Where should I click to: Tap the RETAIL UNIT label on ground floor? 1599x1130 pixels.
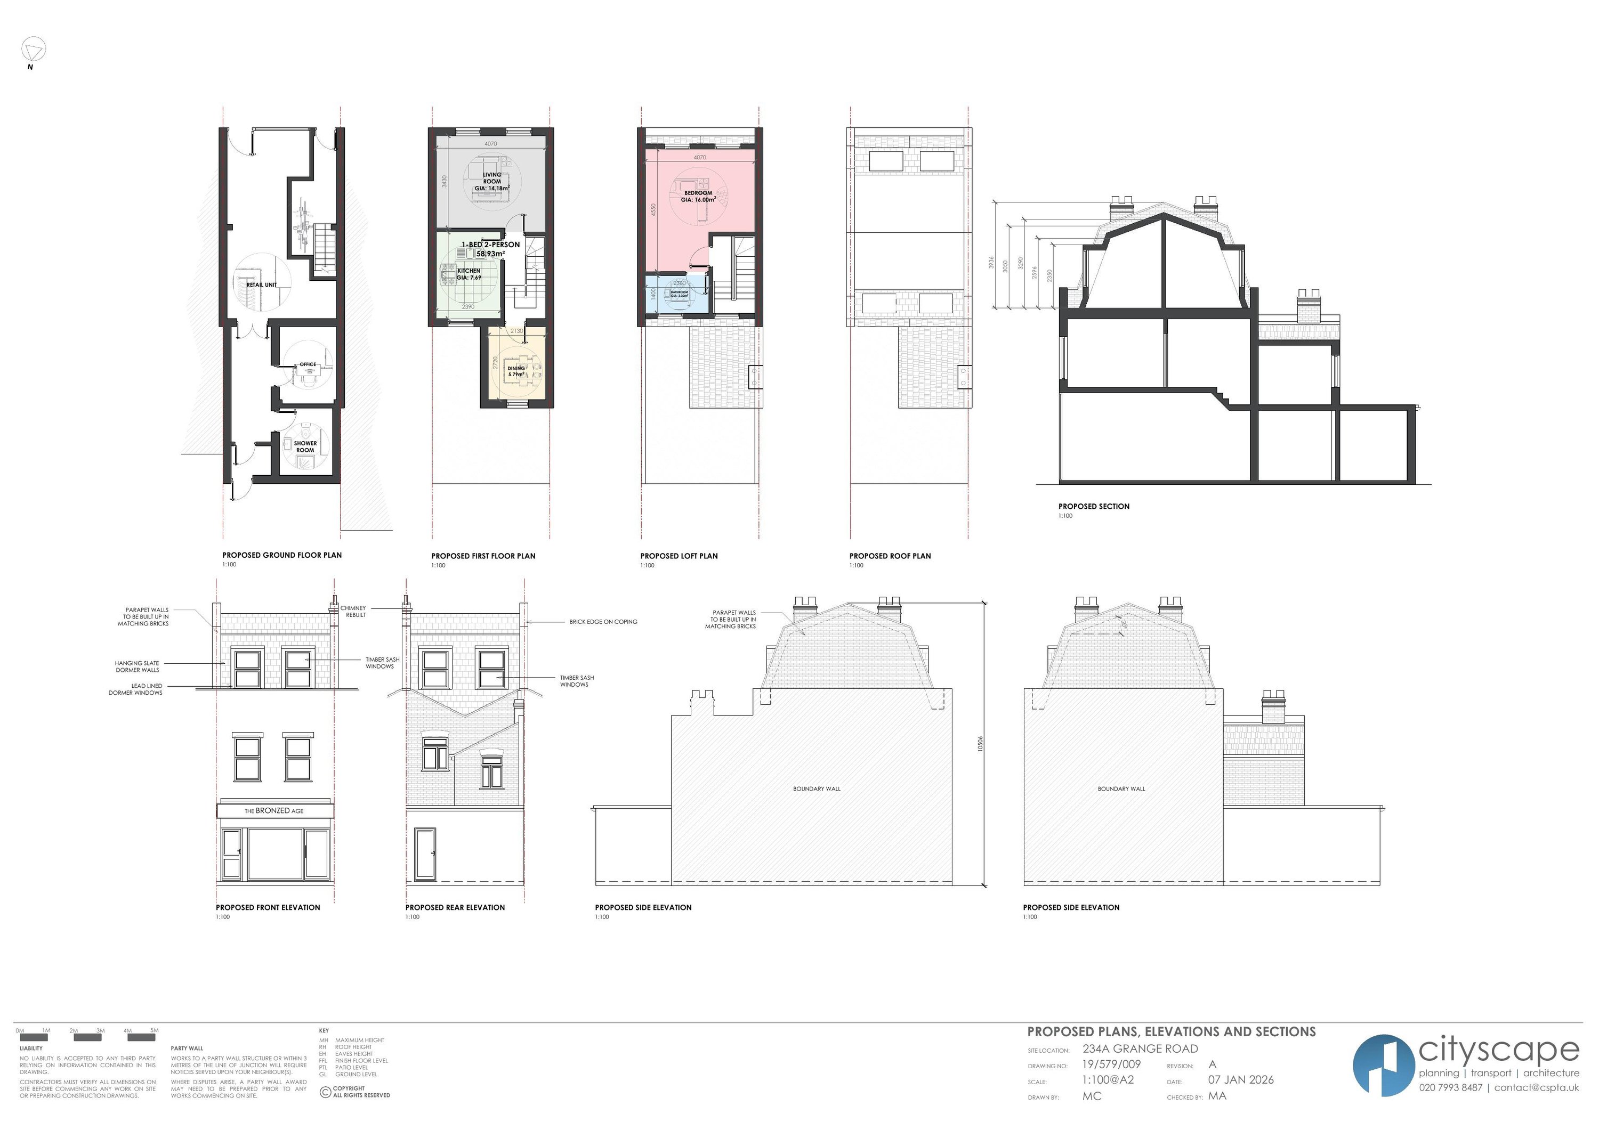coord(262,284)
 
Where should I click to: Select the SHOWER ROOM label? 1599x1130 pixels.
coord(305,446)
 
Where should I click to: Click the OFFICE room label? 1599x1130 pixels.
coord(308,364)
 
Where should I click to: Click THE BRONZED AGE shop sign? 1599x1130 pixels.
coord(274,810)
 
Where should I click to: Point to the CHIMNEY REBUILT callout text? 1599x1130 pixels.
coord(353,611)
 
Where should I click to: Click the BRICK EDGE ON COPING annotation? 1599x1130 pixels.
coord(603,622)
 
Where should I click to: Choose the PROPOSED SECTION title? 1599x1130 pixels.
coord(1093,506)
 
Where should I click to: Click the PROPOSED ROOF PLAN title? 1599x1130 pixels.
coord(890,556)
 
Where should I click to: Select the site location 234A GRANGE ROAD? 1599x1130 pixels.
coord(1140,1048)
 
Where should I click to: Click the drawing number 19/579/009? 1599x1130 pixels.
coord(1111,1064)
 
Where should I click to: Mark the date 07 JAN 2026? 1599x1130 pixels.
coord(1240,1080)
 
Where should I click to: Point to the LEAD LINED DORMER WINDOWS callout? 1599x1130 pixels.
coord(136,689)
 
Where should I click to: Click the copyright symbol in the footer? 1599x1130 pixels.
coord(325,1092)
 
